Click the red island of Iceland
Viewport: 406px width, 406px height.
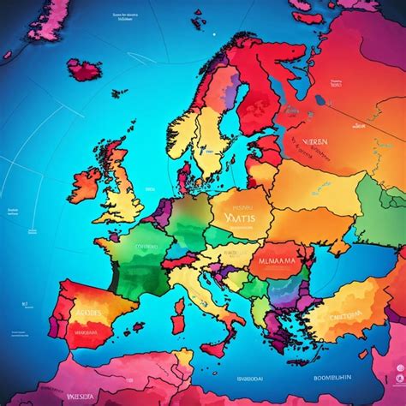86,69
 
